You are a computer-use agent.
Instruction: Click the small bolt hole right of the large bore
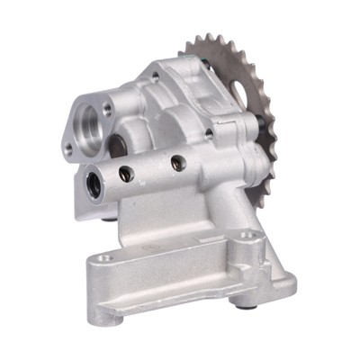pyautogui.click(x=108, y=111)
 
